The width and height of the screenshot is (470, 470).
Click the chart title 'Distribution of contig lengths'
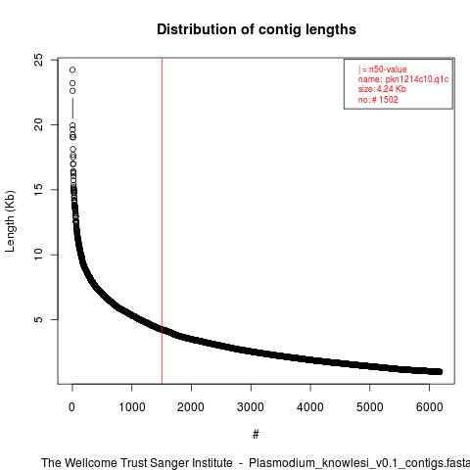click(257, 29)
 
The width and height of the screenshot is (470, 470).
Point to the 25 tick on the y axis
click(38, 60)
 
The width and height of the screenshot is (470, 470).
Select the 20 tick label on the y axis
click(38, 124)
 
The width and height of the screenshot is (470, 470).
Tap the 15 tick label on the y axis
click(38, 190)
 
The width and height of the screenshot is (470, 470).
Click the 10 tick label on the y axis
click(38, 255)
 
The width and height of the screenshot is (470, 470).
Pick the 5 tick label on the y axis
click(38, 319)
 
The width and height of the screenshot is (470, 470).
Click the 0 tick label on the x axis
click(71, 407)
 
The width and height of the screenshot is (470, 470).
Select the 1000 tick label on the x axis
click(131, 407)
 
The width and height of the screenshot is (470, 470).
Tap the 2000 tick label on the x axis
click(191, 407)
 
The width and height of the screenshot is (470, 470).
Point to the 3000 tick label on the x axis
click(251, 407)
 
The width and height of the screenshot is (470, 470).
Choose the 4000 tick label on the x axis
click(310, 407)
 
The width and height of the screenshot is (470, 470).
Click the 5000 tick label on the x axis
click(370, 407)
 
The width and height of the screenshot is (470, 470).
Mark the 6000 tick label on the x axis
click(429, 407)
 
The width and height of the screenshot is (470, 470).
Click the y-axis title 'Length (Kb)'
click(10, 221)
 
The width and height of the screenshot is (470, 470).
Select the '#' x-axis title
click(256, 435)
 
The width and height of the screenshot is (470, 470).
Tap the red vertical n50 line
click(162, 221)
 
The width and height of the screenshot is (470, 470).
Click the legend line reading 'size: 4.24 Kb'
click(382, 89)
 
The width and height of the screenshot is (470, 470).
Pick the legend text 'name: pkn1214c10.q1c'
click(403, 79)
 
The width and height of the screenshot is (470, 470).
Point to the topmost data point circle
click(72, 70)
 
